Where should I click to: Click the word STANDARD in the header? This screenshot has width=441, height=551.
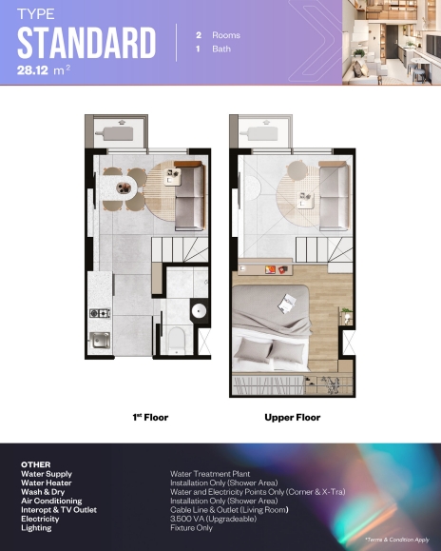(86, 43)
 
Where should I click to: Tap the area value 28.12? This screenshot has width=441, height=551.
(32, 70)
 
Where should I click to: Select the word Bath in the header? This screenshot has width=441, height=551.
(221, 49)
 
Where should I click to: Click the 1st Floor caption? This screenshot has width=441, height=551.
(150, 418)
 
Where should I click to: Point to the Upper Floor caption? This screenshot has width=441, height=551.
(292, 418)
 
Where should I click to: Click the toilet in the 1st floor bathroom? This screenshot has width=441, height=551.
(176, 340)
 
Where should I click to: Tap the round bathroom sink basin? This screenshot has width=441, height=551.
(199, 311)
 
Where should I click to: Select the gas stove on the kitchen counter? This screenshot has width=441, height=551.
(100, 313)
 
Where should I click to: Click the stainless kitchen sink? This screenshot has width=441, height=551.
(100, 340)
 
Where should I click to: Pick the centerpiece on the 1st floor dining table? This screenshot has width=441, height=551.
(124, 187)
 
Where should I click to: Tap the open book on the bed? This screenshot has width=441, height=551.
(287, 304)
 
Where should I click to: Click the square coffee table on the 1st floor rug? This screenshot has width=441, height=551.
(173, 177)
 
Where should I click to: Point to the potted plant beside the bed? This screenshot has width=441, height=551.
(346, 314)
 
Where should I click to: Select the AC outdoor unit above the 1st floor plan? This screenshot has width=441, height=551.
(115, 133)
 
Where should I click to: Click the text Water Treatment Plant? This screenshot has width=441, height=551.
(210, 474)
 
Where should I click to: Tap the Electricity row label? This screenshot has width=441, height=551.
(40, 519)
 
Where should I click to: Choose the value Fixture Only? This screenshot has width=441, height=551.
(191, 528)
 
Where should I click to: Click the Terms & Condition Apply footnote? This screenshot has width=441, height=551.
(396, 540)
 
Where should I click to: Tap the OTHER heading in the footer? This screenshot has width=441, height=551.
(36, 464)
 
